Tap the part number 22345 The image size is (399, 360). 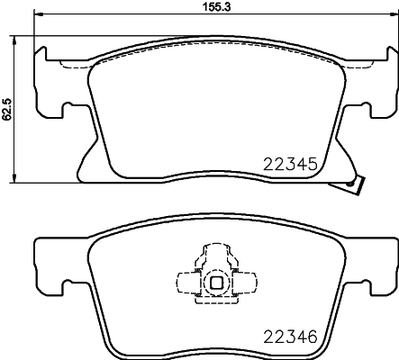(289, 165)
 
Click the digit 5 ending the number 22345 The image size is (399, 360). (310, 165)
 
